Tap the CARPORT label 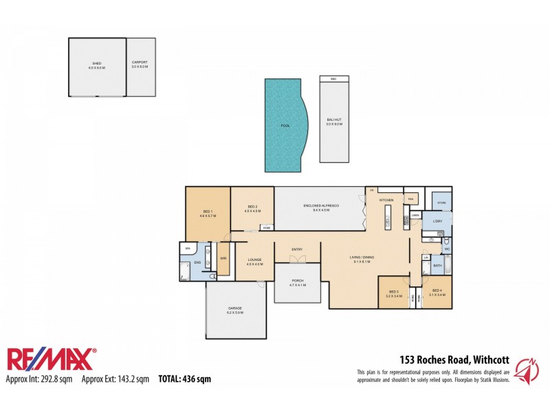click(140, 62)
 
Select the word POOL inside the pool click(285, 126)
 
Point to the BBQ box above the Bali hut click(334, 78)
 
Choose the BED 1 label click(208, 211)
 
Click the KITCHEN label click(386, 200)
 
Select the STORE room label click(441, 203)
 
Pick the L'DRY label click(437, 222)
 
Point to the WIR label click(223, 258)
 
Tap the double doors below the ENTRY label click(297, 259)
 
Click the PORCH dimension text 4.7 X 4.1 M click(297, 284)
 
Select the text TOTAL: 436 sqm click(185, 378)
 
